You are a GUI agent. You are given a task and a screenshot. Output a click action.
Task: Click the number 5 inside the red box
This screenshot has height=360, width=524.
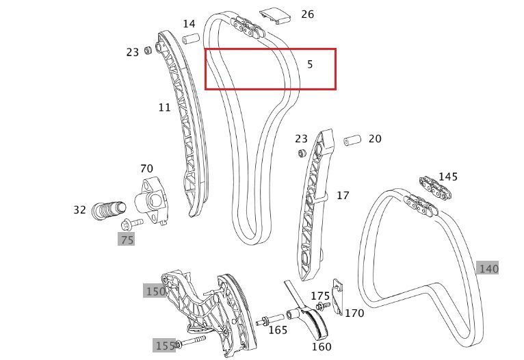(310, 64)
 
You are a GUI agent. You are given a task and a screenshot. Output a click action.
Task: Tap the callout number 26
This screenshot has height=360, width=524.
(307, 14)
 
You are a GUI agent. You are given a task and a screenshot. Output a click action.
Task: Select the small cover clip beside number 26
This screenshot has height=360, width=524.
(276, 16)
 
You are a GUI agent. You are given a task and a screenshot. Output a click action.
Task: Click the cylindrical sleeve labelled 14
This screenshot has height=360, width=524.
(191, 38)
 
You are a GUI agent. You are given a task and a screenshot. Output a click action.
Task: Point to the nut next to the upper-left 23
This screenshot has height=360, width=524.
(148, 51)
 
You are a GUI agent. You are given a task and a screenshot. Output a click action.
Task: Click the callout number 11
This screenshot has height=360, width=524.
(164, 107)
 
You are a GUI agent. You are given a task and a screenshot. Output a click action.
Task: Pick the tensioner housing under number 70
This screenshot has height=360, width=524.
(151, 201)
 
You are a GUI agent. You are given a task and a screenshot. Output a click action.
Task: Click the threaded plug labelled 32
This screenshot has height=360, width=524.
(109, 211)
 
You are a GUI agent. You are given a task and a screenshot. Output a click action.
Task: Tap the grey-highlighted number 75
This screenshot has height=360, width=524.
(127, 240)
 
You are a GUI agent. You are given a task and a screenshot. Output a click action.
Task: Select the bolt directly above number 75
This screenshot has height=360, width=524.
(132, 223)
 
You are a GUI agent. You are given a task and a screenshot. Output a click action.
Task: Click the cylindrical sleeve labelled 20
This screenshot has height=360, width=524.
(352, 140)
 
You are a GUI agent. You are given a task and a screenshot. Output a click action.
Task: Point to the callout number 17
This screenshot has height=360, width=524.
(343, 196)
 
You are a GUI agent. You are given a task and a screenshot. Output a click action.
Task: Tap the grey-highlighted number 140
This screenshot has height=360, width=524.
(488, 268)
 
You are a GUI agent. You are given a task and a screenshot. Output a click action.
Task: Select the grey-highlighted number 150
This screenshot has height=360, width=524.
(155, 291)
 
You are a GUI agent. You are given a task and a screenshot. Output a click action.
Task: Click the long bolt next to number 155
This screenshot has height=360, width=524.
(190, 342)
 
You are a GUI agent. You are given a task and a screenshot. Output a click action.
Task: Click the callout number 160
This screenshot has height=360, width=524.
(321, 346)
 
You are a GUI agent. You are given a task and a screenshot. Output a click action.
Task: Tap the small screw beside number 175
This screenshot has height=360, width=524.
(323, 305)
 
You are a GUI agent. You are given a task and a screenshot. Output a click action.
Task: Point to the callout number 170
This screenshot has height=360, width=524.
(354, 313)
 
